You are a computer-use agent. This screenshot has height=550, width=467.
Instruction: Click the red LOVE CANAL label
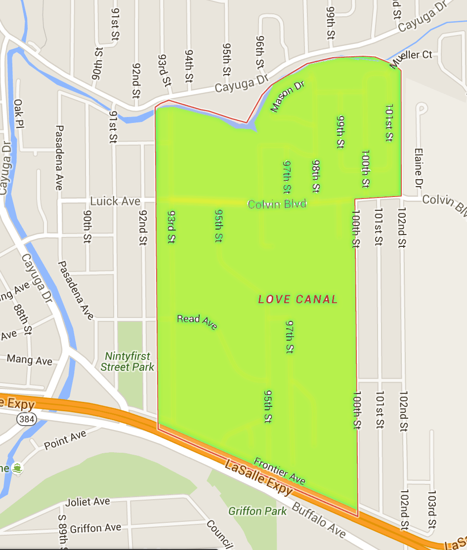tap(298, 299)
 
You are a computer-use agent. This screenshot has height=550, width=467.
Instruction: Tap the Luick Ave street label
tap(115, 201)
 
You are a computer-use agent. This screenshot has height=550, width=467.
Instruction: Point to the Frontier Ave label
tap(279, 471)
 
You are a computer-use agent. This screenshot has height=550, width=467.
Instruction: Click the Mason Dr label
tap(288, 97)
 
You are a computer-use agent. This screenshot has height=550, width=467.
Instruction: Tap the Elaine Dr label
tap(418, 168)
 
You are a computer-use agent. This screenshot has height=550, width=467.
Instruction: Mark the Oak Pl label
tap(19, 113)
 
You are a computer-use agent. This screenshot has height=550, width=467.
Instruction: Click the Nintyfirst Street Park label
tap(127, 361)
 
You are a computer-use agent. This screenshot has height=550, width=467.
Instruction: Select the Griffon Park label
tap(257, 511)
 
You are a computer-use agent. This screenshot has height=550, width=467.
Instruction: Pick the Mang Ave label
tap(29, 359)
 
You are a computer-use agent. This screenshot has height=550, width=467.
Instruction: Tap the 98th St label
tap(315, 176)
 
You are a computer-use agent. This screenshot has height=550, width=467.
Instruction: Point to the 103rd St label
tap(432, 509)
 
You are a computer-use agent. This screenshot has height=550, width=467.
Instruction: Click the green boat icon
tap(18, 468)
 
